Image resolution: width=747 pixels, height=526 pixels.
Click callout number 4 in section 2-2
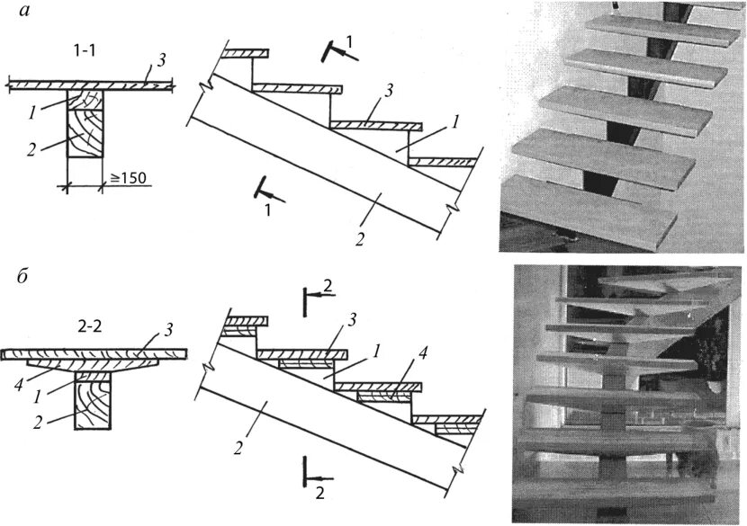(x=19, y=370)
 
